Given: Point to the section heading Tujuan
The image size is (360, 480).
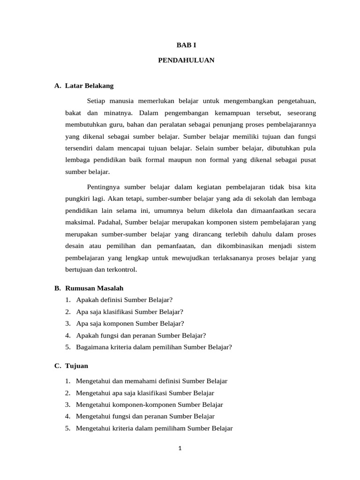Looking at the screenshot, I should tap(77, 366).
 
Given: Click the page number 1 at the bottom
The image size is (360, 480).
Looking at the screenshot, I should tap(180, 448).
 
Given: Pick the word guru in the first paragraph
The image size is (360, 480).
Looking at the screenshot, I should tap(118, 125).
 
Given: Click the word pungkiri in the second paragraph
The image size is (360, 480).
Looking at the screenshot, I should tap(76, 198).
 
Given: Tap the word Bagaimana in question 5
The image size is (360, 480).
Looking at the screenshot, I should tap(92, 347).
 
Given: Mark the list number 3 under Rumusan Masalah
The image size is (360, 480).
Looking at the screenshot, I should tap(68, 323).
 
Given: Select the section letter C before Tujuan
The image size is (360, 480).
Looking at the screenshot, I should tap(57, 366).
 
